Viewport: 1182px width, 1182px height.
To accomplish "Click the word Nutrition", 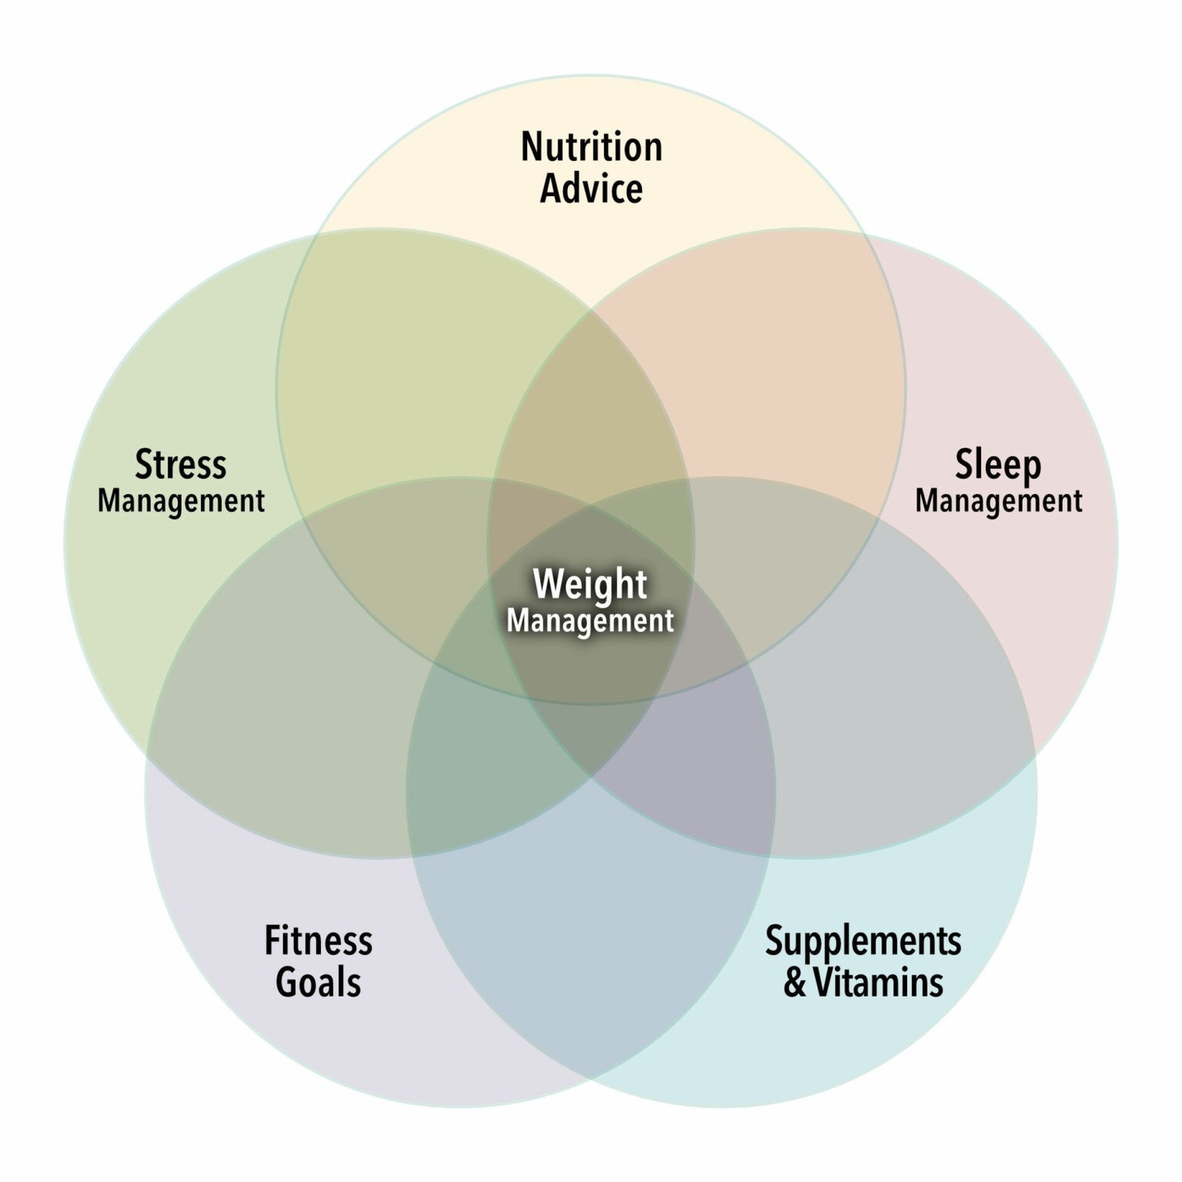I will (x=591, y=148).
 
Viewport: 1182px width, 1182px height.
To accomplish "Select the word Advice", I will (x=591, y=190).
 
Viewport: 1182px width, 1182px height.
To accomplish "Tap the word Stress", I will (x=181, y=465).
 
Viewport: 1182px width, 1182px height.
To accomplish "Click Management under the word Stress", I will (x=181, y=501).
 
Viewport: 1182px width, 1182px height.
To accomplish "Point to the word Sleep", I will (x=998, y=465).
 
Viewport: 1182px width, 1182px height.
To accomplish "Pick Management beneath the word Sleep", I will (x=999, y=501).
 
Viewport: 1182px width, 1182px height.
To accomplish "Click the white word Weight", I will (x=590, y=584).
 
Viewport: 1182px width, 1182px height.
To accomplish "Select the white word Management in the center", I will (x=590, y=621).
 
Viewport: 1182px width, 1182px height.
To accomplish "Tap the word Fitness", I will (x=318, y=941).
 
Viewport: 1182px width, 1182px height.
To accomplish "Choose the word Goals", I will (x=318, y=983).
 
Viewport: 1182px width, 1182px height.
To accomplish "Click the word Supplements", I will (x=864, y=941).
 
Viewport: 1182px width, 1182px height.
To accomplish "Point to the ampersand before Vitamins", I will (x=795, y=983).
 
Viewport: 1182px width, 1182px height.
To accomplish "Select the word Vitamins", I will (x=878, y=983).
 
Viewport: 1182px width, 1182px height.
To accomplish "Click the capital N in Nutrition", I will (x=531, y=148).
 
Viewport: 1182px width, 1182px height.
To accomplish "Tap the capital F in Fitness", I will (x=272, y=941).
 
